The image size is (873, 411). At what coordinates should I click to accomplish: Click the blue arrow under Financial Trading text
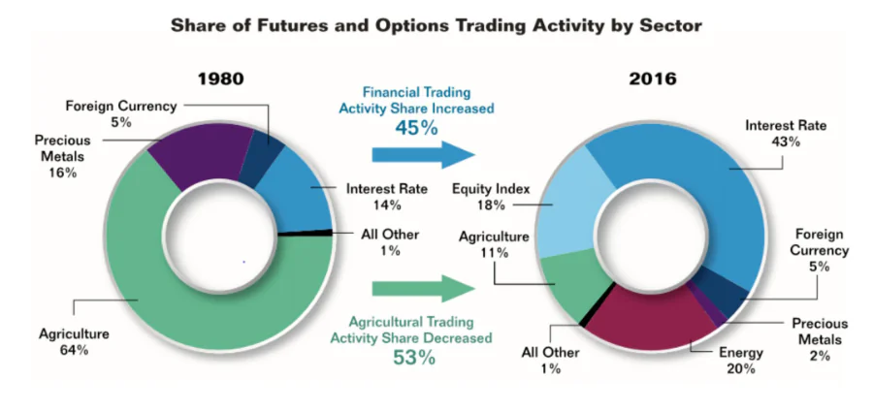(x=423, y=155)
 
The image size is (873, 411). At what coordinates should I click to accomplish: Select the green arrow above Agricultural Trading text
(x=423, y=289)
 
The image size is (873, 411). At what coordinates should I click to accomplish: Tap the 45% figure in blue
(x=416, y=128)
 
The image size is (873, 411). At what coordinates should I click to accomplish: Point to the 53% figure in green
(x=414, y=358)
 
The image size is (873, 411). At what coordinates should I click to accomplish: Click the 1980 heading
(x=221, y=79)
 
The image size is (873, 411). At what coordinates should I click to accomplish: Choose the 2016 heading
(x=653, y=79)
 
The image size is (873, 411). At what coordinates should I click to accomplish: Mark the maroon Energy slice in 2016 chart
(x=649, y=316)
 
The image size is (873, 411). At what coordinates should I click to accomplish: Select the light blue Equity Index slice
(x=573, y=203)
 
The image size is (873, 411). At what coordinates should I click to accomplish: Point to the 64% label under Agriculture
(x=74, y=350)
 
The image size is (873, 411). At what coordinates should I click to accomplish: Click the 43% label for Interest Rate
(x=786, y=142)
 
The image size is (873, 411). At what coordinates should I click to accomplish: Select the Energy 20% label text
(x=741, y=361)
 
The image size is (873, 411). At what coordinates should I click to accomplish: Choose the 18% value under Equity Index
(x=491, y=205)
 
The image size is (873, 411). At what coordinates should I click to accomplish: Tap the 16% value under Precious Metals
(x=62, y=173)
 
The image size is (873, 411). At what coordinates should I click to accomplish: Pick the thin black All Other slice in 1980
(x=305, y=233)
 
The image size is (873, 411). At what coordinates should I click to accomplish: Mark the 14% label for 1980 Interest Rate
(x=387, y=205)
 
